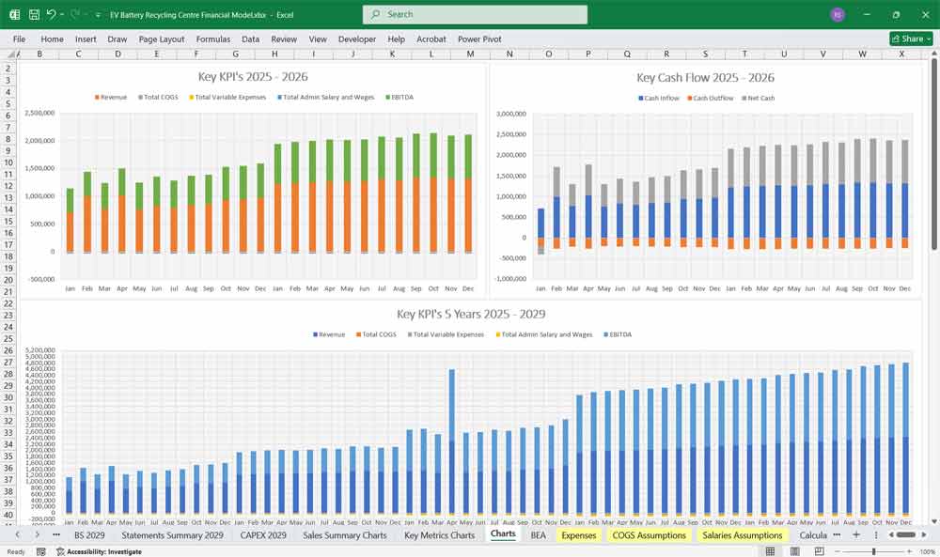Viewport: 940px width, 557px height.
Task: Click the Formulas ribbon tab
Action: (x=212, y=39)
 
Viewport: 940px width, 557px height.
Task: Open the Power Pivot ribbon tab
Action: (x=479, y=39)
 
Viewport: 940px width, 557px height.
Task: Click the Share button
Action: (x=911, y=39)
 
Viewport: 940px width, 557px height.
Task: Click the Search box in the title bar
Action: (x=475, y=14)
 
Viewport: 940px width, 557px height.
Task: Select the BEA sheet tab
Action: (x=538, y=534)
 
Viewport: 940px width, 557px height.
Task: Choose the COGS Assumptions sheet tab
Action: (x=649, y=534)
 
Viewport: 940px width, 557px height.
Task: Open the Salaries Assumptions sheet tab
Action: (x=742, y=534)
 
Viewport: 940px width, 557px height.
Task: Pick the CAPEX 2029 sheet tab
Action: (x=263, y=534)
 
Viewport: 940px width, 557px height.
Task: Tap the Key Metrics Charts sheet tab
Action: (x=439, y=534)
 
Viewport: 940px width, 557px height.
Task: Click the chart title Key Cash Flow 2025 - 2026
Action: (x=705, y=78)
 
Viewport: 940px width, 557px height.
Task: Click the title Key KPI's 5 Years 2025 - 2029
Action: (x=471, y=315)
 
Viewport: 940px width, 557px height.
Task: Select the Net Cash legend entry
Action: (x=759, y=99)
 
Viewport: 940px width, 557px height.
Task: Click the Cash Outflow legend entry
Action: (x=713, y=99)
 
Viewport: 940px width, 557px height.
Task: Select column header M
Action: (x=470, y=54)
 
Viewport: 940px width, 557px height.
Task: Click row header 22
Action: (x=8, y=291)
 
